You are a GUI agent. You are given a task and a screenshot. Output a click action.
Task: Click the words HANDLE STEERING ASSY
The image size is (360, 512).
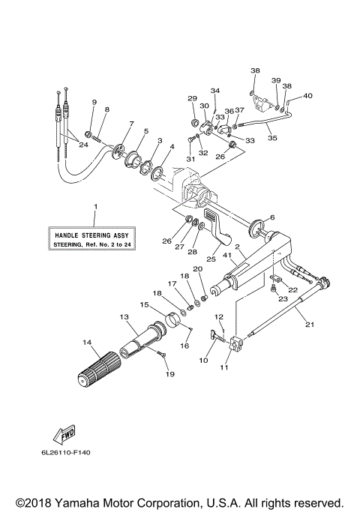(x=94, y=234)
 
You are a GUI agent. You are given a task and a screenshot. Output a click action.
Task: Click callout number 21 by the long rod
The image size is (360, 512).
(x=307, y=324)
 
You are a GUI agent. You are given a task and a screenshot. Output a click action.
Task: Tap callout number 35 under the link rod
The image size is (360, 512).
(x=272, y=138)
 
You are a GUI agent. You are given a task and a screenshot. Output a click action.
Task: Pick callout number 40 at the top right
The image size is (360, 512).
(x=307, y=95)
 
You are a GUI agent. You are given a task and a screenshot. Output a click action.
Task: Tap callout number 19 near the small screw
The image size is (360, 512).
(x=169, y=373)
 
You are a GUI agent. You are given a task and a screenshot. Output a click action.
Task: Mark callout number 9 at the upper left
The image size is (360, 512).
(x=94, y=102)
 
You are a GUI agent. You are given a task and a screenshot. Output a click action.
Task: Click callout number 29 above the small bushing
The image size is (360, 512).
(x=191, y=99)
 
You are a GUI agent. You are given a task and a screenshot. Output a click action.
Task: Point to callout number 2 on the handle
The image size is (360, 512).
(x=236, y=247)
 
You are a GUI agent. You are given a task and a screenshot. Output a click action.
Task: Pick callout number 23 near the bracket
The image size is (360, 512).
(x=283, y=299)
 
